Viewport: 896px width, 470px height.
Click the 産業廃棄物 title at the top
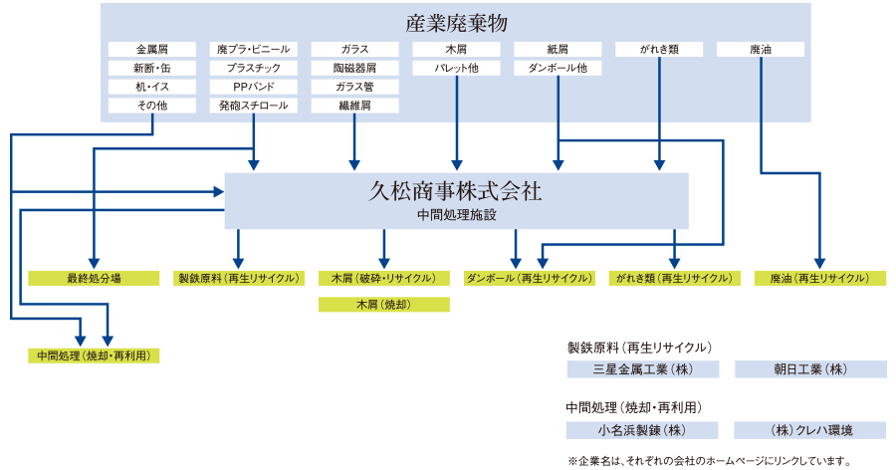[x=456, y=22]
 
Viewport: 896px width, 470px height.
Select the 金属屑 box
[x=152, y=49]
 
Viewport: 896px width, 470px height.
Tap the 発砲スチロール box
[x=254, y=105]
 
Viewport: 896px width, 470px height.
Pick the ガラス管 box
[x=355, y=87]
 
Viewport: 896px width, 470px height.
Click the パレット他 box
[x=457, y=68]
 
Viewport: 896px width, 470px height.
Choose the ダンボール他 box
[x=559, y=68]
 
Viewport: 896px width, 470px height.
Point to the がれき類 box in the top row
[x=659, y=49]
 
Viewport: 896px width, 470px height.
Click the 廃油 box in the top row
[x=761, y=49]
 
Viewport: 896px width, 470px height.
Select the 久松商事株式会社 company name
[x=456, y=191]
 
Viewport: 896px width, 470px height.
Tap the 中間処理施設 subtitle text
[x=456, y=214]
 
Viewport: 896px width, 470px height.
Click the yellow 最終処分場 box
[x=94, y=279]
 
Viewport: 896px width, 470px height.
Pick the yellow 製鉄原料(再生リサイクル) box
[x=238, y=279]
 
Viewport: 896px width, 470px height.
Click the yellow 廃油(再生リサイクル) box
[x=819, y=279]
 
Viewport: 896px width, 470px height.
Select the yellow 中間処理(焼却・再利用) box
[x=94, y=354]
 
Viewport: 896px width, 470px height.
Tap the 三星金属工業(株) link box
[x=642, y=369]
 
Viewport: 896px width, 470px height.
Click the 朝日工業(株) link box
[x=810, y=369]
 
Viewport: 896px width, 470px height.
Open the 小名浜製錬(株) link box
[x=642, y=430]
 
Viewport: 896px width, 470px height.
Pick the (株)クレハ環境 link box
[x=810, y=430]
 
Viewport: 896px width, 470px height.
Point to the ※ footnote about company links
[x=709, y=460]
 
